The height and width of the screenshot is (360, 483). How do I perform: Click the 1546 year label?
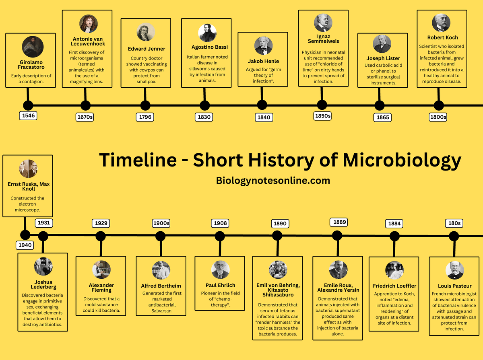(x=29, y=116)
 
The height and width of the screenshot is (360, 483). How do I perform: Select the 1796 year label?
(x=144, y=117)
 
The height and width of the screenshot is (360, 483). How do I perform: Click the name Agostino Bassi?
(x=206, y=47)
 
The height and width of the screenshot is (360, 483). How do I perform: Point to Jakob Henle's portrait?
(x=263, y=46)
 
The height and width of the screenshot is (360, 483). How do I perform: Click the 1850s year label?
(x=322, y=116)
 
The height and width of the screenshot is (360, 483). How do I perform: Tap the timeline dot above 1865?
(x=380, y=106)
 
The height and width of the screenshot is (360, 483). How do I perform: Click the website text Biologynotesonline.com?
(x=273, y=181)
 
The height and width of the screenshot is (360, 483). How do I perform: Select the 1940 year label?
(x=25, y=245)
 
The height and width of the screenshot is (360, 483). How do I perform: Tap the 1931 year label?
(x=44, y=222)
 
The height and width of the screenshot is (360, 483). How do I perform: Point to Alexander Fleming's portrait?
(x=101, y=269)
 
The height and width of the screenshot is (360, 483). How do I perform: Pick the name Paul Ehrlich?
(x=220, y=285)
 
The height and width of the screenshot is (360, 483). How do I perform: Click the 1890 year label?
(x=280, y=224)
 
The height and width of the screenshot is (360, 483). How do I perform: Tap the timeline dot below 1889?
(x=337, y=236)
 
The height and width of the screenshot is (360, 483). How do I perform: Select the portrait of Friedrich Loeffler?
(x=394, y=270)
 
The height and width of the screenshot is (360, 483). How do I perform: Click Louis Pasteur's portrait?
(x=455, y=270)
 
